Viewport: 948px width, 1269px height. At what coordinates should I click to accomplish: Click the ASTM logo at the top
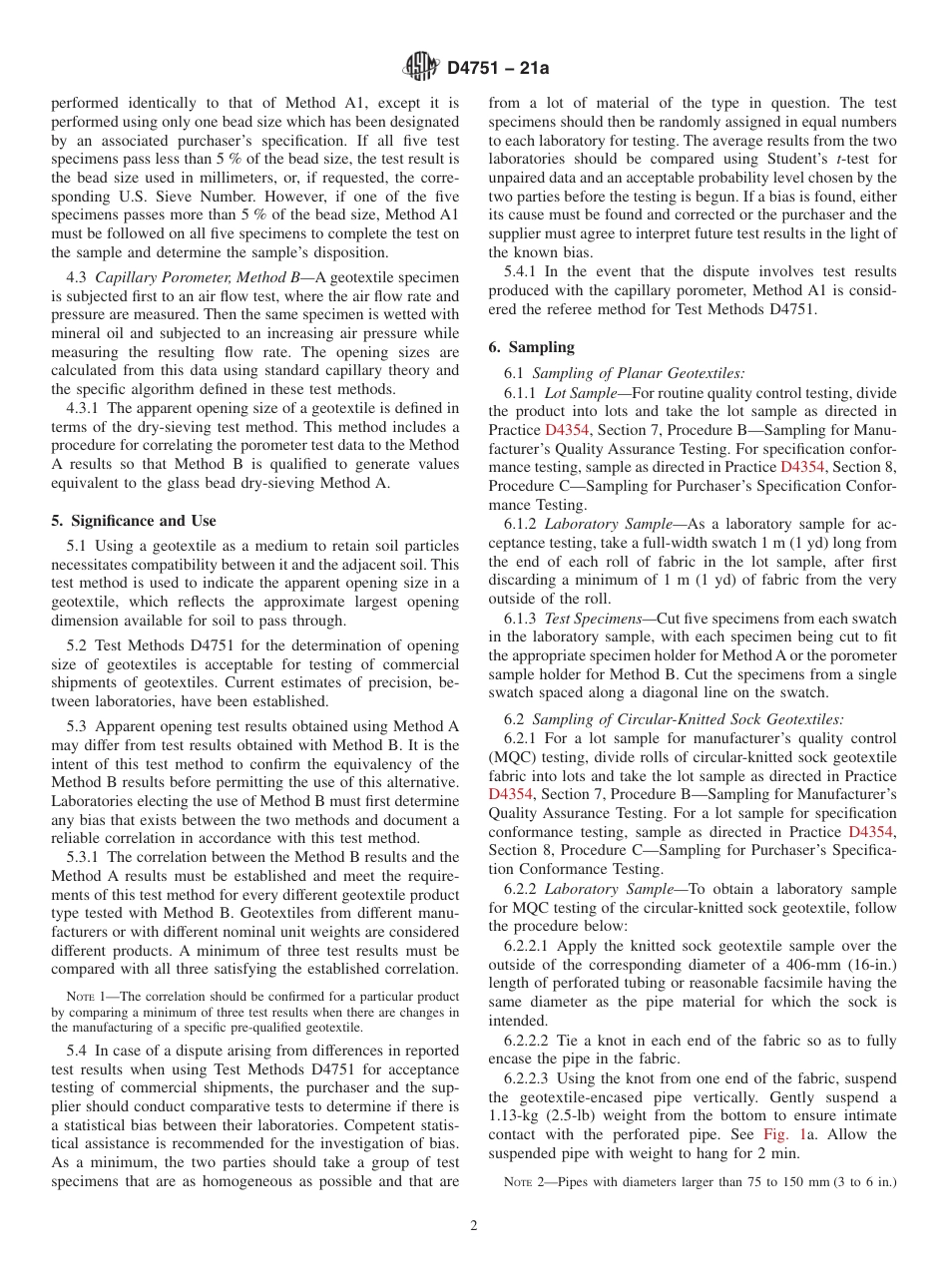coord(420,68)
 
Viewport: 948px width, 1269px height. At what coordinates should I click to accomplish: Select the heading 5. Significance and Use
coord(133,521)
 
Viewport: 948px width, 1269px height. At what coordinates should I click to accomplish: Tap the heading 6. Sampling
coord(531,347)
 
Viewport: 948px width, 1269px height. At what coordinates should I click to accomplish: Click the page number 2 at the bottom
coord(474,1226)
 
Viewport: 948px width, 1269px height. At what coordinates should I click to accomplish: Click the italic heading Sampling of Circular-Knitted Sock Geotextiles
coord(688,718)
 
